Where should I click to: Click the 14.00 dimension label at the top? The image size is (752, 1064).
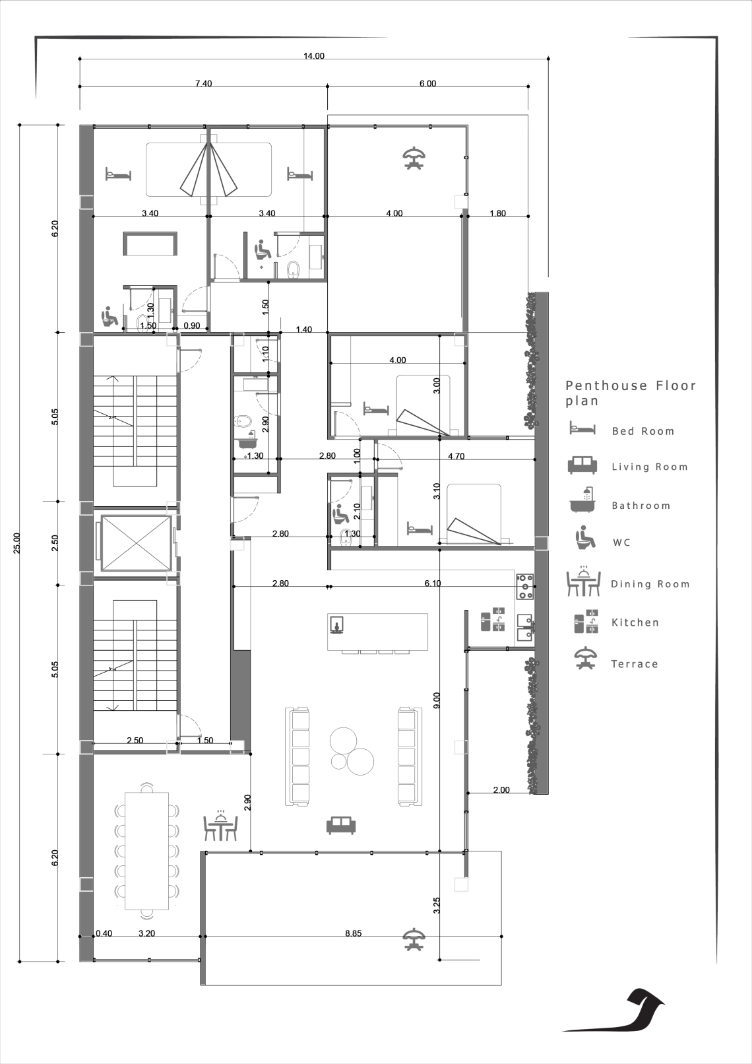click(314, 56)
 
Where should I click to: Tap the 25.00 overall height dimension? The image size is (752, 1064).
click(16, 543)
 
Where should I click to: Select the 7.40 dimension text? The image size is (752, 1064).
click(204, 84)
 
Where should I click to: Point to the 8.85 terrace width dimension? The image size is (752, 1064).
click(353, 933)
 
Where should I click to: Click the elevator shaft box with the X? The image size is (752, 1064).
click(136, 543)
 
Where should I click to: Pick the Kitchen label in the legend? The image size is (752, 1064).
click(635, 622)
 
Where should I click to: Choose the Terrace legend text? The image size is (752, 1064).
click(635, 664)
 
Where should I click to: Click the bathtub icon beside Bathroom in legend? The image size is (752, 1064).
click(582, 499)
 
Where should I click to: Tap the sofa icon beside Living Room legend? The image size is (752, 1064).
click(582, 465)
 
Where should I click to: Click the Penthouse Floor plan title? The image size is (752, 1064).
click(631, 393)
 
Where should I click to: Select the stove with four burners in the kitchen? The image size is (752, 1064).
click(525, 587)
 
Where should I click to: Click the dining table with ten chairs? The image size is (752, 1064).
click(146, 851)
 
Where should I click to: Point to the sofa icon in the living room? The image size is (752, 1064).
click(341, 826)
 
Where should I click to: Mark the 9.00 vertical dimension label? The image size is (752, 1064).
click(437, 700)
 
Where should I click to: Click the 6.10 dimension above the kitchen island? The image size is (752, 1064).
click(433, 583)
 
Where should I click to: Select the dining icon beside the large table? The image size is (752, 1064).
click(220, 825)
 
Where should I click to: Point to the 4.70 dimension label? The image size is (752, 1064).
click(456, 457)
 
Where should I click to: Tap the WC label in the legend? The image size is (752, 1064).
click(621, 543)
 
